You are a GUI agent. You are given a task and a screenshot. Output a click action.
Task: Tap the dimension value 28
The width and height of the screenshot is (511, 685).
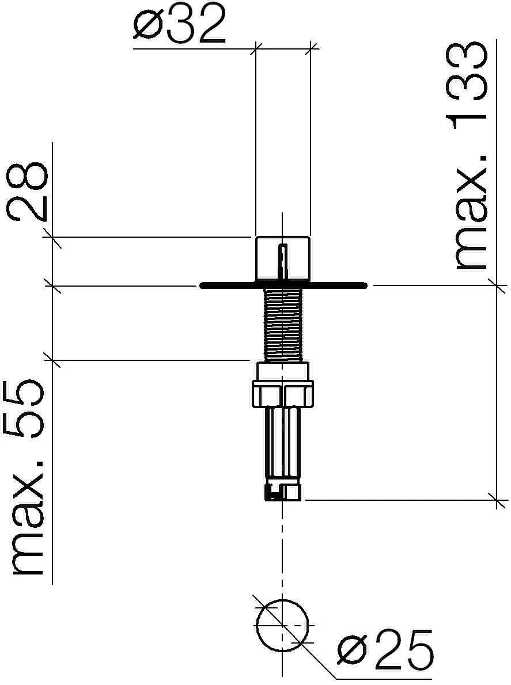(27, 192)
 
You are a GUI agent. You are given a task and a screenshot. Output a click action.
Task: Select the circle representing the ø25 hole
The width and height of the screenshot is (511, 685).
(282, 599)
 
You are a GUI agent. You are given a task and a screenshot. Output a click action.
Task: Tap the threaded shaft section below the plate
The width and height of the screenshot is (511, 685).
(283, 325)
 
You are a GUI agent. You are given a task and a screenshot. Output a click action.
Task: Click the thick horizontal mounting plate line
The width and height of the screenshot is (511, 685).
(283, 286)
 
